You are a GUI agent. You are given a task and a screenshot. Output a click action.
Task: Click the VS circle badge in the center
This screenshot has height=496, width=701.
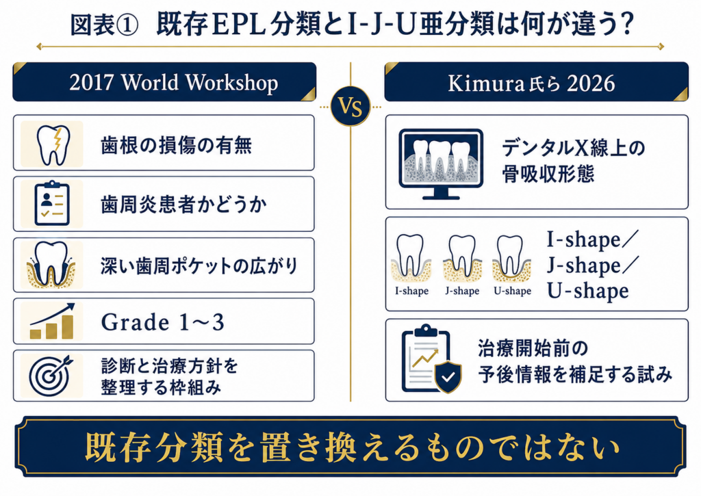click(350, 106)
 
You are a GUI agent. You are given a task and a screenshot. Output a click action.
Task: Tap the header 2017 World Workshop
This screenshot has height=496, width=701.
click(173, 83)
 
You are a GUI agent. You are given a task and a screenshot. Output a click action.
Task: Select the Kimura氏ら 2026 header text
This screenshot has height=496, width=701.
click(531, 83)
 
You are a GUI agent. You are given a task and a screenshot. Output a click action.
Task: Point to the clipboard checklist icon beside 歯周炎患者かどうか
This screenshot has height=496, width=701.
click(52, 203)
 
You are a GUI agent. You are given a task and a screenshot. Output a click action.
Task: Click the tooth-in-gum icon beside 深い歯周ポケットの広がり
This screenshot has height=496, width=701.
click(51, 265)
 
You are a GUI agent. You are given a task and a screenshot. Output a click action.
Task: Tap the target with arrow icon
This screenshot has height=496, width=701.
click(51, 376)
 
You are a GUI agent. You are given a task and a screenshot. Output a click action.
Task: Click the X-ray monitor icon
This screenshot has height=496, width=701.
click(441, 164)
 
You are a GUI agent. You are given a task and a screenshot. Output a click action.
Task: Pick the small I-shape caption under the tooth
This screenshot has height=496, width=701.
click(411, 291)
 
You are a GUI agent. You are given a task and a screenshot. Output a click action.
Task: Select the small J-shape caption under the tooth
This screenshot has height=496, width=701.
click(462, 291)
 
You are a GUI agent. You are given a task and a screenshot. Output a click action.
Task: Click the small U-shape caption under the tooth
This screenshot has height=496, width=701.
click(512, 291)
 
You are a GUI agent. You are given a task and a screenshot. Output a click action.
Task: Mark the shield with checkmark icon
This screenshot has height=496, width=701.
click(448, 377)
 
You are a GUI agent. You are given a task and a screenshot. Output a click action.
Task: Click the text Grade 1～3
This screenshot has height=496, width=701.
click(163, 322)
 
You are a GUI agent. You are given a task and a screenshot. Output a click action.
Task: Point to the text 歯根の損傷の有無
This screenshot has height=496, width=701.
click(176, 145)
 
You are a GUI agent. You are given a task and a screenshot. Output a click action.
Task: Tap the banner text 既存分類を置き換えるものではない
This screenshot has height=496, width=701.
click(353, 447)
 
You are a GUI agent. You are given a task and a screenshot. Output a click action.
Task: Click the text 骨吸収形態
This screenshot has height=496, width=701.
click(548, 173)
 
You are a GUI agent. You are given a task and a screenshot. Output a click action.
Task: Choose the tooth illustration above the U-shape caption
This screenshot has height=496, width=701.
click(511, 258)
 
